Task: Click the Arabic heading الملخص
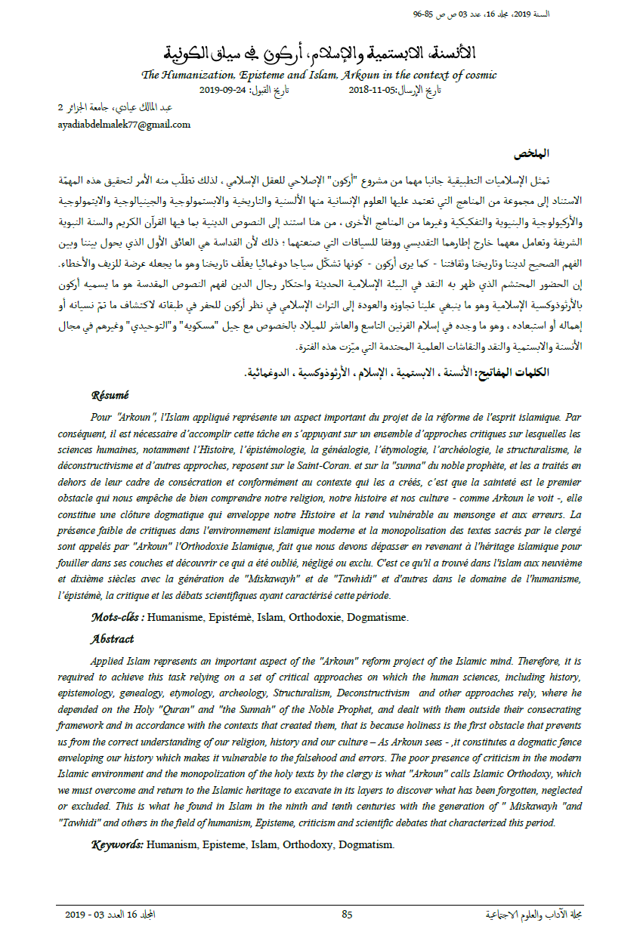(531, 153)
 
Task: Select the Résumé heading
(110, 395)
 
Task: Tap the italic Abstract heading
(112, 639)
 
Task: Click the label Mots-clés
(117, 618)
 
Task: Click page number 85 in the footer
(347, 915)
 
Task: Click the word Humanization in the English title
(199, 75)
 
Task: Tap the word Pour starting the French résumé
(102, 415)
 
